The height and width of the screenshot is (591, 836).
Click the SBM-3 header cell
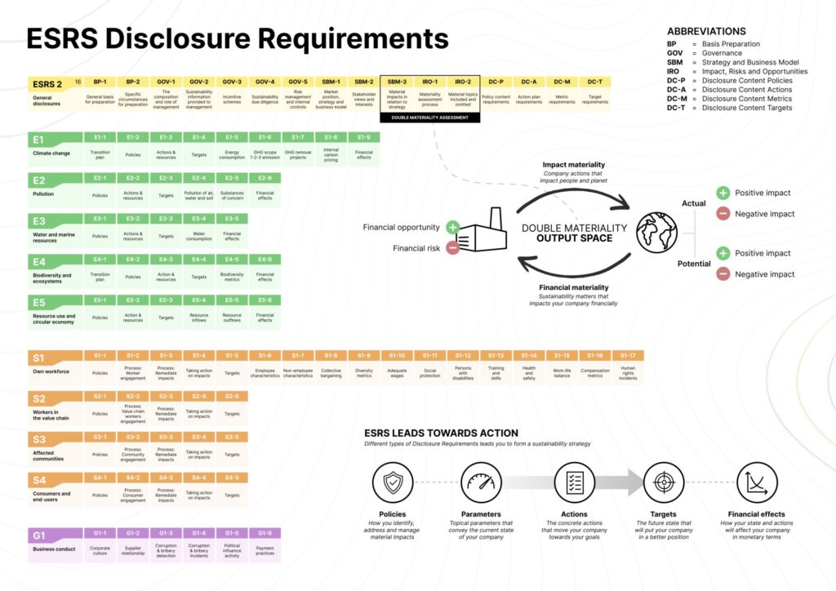click(x=397, y=82)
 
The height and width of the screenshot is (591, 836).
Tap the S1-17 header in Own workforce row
click(x=628, y=355)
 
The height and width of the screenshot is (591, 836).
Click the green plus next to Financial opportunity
click(x=452, y=227)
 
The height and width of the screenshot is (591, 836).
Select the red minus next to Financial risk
click(x=452, y=247)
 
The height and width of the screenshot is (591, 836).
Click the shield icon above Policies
click(x=393, y=482)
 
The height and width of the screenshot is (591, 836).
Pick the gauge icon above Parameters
click(x=481, y=482)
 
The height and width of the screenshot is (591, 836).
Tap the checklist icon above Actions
click(x=575, y=482)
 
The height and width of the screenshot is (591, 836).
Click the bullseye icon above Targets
click(x=663, y=482)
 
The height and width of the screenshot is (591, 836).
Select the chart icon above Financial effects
click(x=757, y=482)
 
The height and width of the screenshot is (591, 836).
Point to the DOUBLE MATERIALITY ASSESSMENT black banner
click(x=430, y=118)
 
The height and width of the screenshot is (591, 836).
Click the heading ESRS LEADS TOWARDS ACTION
click(x=441, y=433)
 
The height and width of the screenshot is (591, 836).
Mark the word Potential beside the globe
click(x=694, y=264)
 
